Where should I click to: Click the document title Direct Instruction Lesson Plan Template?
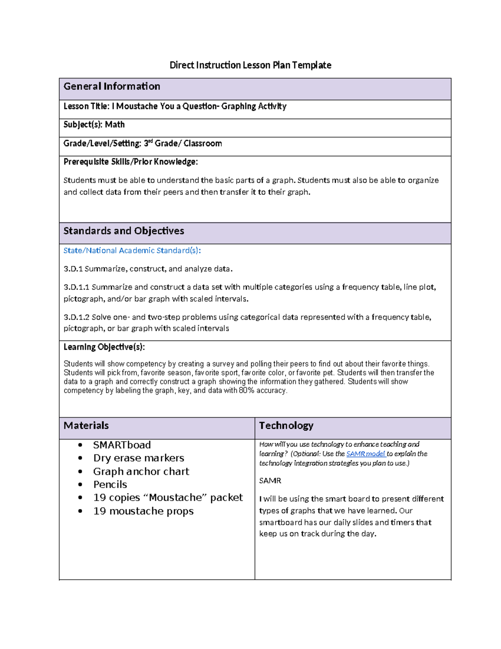pyautogui.click(x=250, y=65)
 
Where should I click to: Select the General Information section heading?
pyautogui.click(x=112, y=87)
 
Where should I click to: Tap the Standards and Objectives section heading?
pyautogui.click(x=124, y=231)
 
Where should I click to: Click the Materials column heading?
pyautogui.click(x=86, y=425)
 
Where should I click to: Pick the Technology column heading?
pyautogui.click(x=286, y=425)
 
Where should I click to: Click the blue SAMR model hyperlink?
pyautogui.click(x=366, y=454)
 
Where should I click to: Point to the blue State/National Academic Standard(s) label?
pyautogui.click(x=132, y=250)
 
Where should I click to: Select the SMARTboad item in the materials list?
pyautogui.click(x=122, y=445)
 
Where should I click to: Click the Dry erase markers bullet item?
pyautogui.click(x=139, y=458)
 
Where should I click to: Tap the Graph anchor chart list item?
pyautogui.click(x=141, y=471)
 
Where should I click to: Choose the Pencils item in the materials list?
pyautogui.click(x=110, y=484)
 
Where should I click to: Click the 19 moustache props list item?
pyautogui.click(x=143, y=511)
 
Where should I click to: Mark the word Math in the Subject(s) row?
pyautogui.click(x=115, y=125)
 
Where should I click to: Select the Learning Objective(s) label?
pyautogui.click(x=104, y=347)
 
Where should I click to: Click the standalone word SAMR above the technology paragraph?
pyautogui.click(x=270, y=481)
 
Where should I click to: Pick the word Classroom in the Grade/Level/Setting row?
pyautogui.click(x=203, y=143)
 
